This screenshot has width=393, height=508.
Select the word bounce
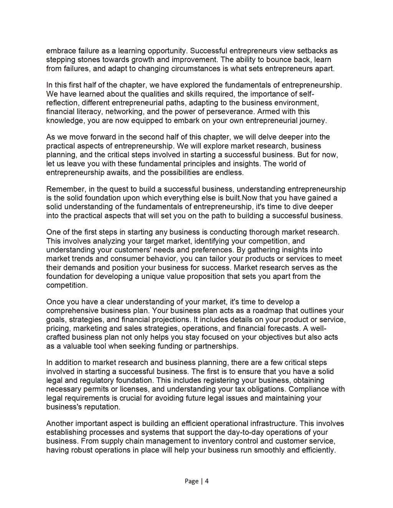(x=275, y=59)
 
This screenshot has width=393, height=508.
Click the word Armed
(x=268, y=112)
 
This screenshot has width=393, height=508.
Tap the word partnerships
(x=216, y=346)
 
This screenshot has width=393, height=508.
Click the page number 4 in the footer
(x=207, y=481)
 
